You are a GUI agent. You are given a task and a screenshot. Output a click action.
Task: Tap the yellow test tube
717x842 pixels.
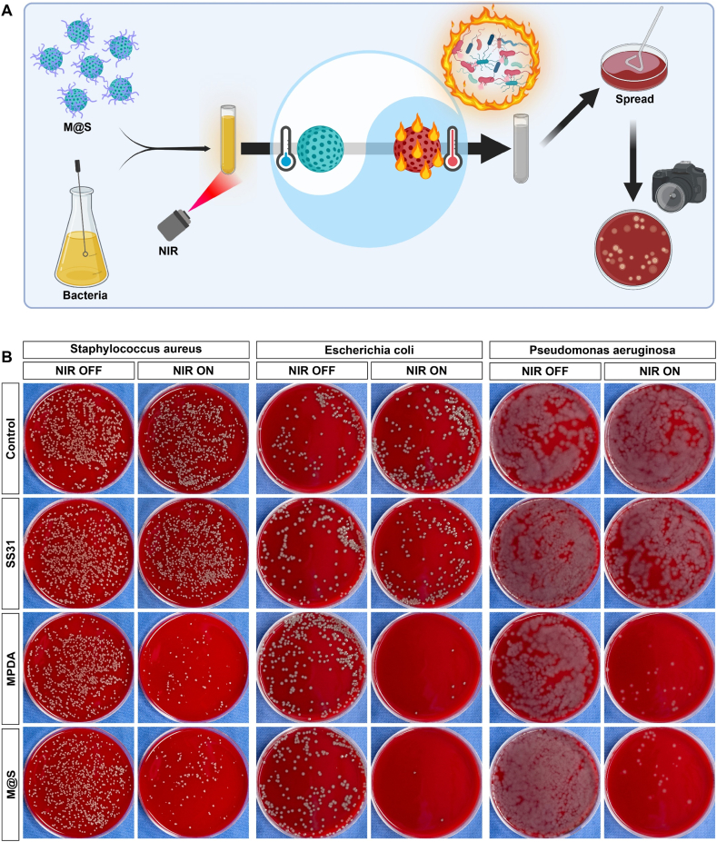tap(228, 141)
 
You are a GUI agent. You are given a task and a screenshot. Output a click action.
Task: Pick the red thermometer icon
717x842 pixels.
tap(452, 148)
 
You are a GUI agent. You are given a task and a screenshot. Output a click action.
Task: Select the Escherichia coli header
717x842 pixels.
tap(367, 349)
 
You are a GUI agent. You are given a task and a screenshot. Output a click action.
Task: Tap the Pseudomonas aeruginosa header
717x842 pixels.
tap(600, 349)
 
